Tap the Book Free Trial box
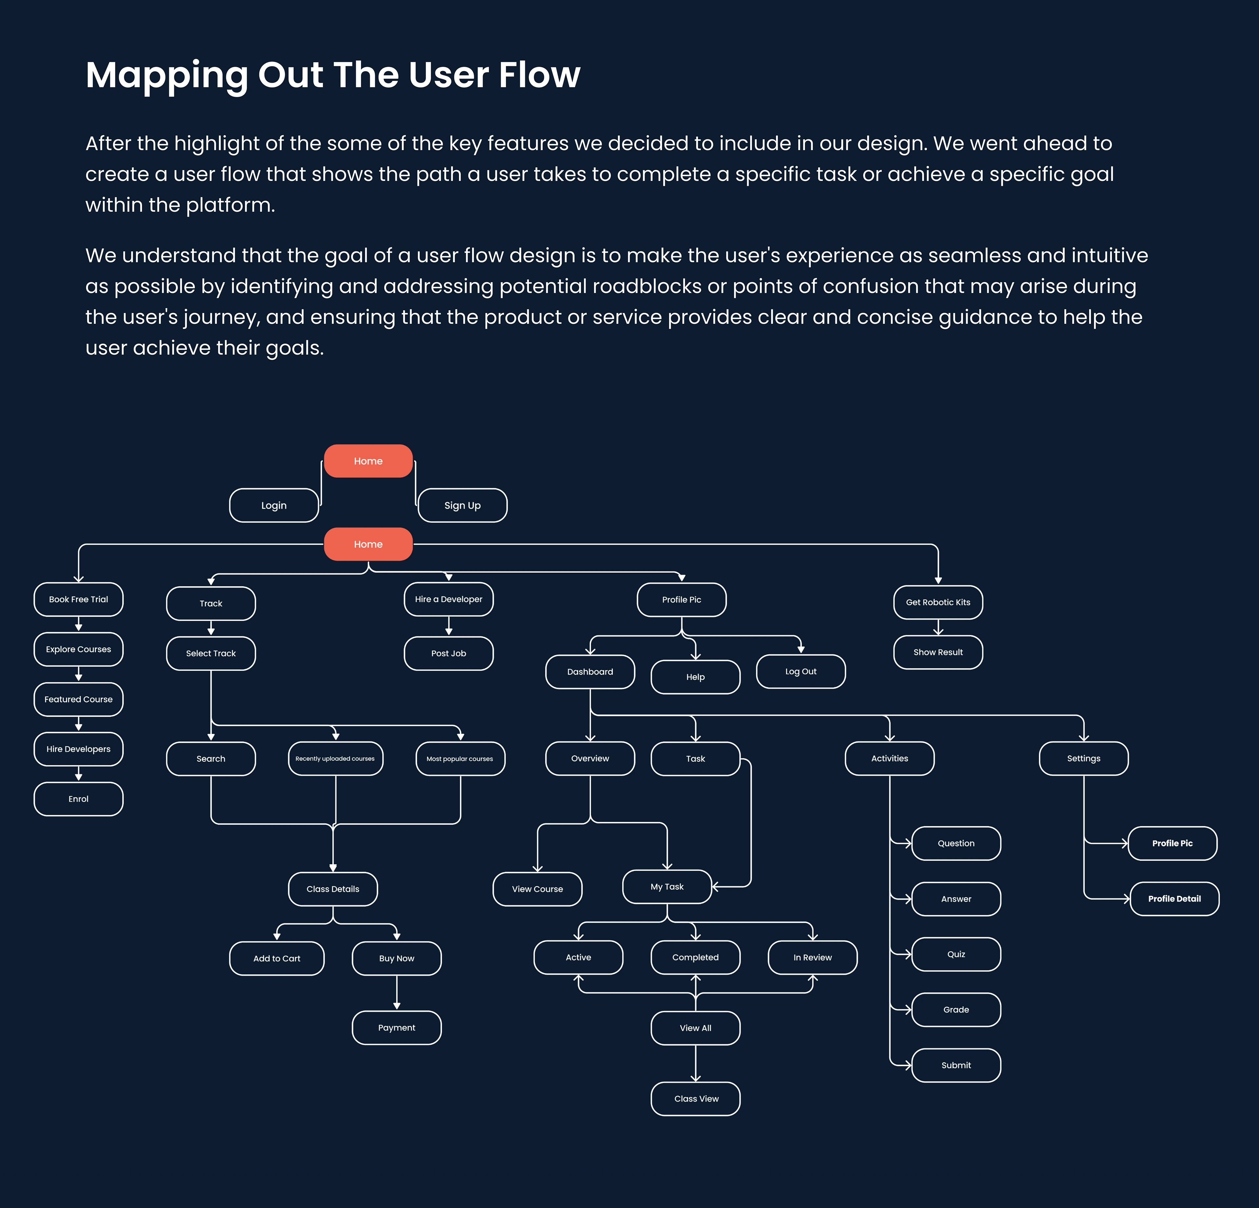pos(78,599)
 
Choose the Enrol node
pos(78,799)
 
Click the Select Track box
pos(211,653)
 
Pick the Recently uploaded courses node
pos(335,758)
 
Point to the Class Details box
pos(333,889)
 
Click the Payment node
pos(396,1027)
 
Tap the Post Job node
pos(449,653)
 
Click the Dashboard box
pos(590,672)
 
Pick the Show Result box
pos(938,652)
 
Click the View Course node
pos(537,889)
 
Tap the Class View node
pos(696,1099)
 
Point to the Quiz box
pos(956,954)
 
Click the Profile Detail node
pos(1174,898)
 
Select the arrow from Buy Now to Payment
pos(396,992)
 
